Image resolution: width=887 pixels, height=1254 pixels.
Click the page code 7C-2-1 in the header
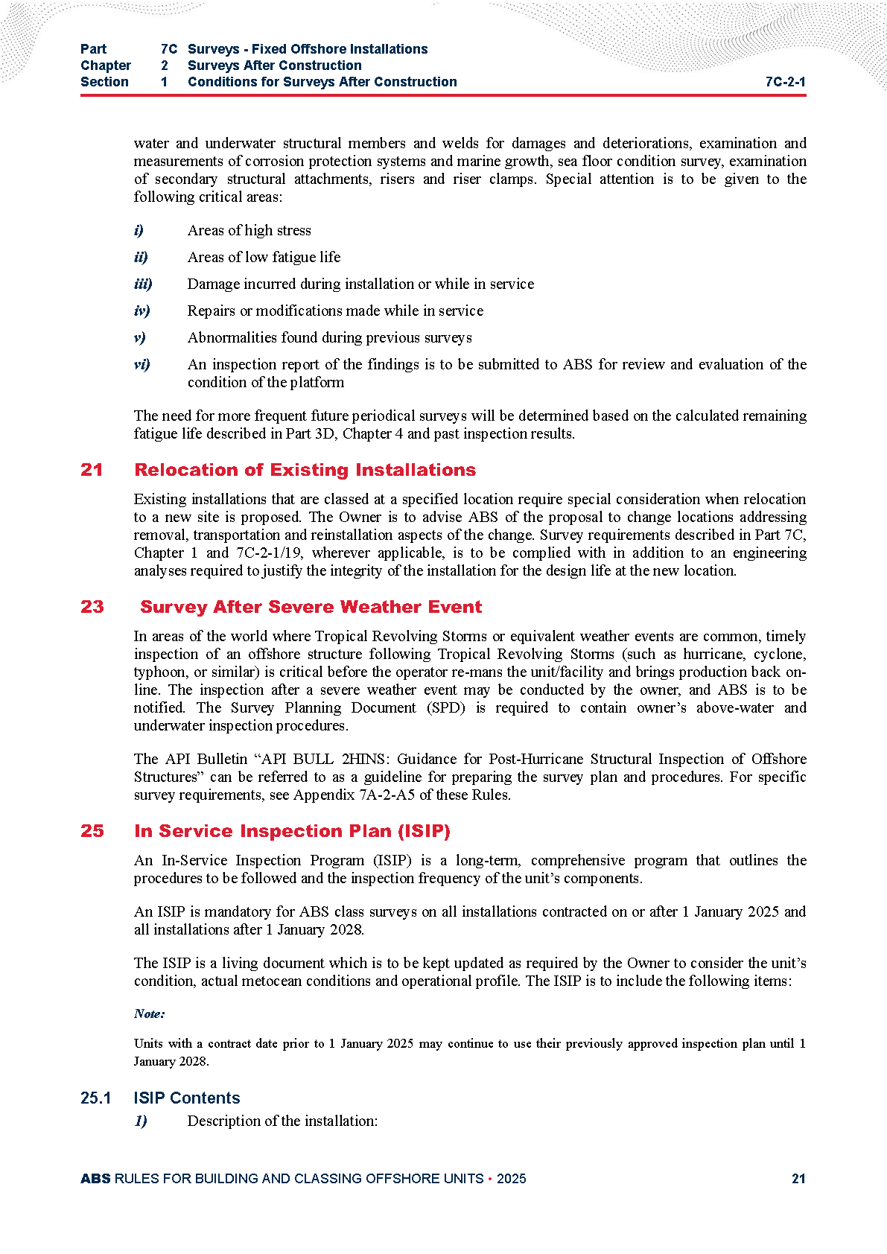pos(785,82)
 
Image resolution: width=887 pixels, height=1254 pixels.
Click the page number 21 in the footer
pos(798,1178)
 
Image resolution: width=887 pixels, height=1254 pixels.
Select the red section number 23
pos(92,607)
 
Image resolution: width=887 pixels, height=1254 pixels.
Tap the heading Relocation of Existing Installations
pos(305,470)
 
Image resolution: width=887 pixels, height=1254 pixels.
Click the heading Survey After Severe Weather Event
pos(311,607)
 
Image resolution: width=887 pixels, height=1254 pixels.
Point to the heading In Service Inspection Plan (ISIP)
pos(292,831)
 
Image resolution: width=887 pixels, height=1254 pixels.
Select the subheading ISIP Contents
pos(186,1098)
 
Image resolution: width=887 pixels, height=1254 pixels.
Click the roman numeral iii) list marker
pos(143,284)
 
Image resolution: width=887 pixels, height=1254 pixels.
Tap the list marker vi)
pos(142,364)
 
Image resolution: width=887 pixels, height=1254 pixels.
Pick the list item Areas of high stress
pos(249,230)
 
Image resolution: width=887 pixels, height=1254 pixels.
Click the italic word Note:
pos(149,1013)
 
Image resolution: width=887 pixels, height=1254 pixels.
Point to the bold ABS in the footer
pos(95,1178)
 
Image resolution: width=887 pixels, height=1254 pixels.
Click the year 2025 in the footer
pos(511,1178)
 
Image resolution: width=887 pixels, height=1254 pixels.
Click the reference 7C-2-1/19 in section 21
pos(267,553)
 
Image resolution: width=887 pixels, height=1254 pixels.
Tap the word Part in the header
pos(93,49)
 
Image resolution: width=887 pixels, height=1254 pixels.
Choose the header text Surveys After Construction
pos(274,66)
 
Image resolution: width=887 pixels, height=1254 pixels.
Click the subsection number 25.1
pos(95,1098)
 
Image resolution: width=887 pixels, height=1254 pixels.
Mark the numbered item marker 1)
pos(141,1121)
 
